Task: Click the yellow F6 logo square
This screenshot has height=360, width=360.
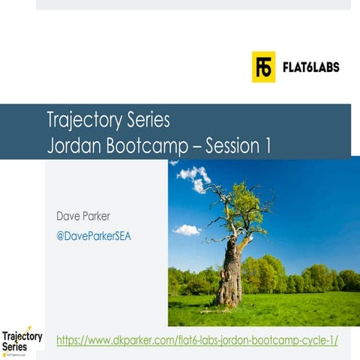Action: tap(263, 67)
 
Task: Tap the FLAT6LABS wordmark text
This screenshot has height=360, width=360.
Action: tap(310, 67)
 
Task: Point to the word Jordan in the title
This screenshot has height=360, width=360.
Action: tap(72, 145)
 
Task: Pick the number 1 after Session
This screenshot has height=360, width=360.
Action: tap(268, 145)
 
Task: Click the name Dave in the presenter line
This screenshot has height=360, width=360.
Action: tap(69, 217)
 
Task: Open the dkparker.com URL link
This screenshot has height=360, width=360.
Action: tap(197, 340)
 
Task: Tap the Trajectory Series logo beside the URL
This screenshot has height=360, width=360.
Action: tap(22, 340)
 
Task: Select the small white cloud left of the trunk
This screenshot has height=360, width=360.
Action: tap(187, 229)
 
